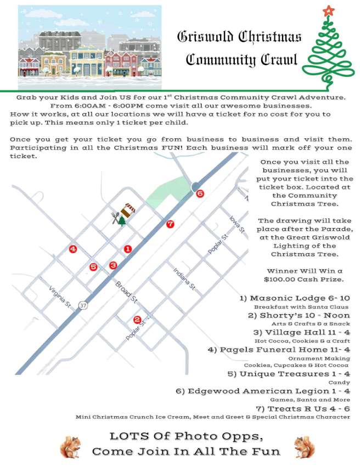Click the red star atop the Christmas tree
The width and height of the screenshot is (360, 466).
point(328,10)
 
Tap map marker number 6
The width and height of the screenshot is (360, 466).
point(200,194)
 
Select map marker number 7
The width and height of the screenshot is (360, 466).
point(170,224)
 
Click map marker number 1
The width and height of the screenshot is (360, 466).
point(128,249)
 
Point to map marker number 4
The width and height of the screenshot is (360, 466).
point(73,249)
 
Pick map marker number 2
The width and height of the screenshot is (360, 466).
point(137,320)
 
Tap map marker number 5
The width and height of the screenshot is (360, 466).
point(93,267)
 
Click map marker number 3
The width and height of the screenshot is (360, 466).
point(113,265)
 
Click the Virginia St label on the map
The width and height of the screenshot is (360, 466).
point(60,296)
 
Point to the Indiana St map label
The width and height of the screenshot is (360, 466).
point(184,279)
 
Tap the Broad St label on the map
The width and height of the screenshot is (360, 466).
point(126,292)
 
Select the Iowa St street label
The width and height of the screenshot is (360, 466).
point(237,225)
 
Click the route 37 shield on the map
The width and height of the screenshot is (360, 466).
point(83,305)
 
